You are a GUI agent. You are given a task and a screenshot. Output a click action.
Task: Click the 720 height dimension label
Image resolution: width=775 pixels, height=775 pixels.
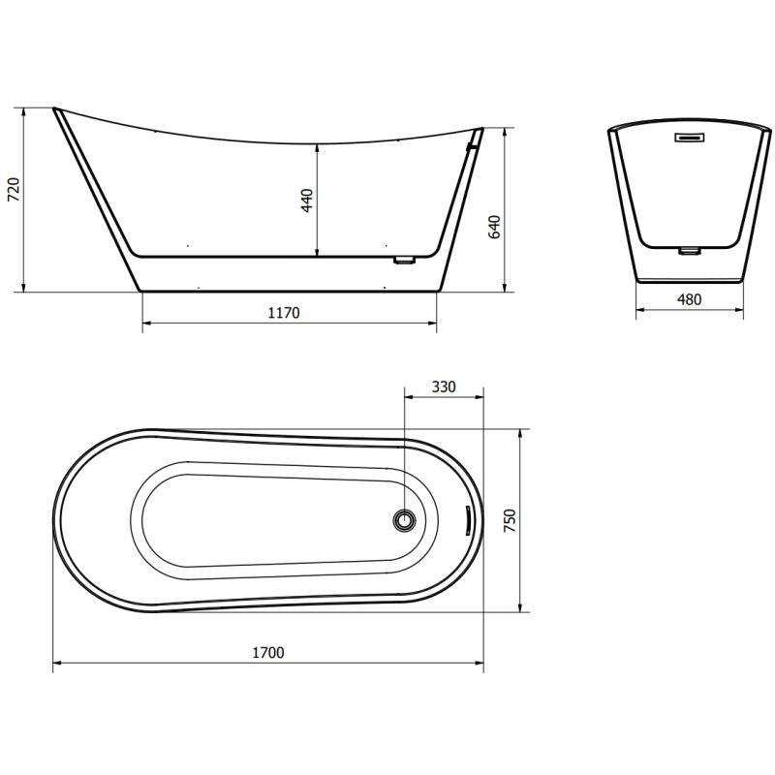(14, 190)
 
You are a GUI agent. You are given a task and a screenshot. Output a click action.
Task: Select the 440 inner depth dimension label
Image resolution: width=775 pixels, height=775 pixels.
(307, 201)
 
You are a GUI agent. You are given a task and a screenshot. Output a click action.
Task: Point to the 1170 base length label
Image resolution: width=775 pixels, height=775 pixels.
(284, 313)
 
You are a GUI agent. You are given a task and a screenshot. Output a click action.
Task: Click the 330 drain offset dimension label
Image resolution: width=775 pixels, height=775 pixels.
(443, 387)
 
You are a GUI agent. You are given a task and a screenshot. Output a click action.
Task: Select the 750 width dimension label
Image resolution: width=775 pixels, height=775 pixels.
(511, 520)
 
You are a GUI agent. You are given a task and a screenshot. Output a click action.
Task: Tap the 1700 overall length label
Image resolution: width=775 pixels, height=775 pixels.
(267, 653)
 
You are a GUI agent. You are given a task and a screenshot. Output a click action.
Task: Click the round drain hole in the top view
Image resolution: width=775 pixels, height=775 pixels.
(405, 520)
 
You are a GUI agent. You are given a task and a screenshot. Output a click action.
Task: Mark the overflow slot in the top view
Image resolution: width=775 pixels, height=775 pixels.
(466, 520)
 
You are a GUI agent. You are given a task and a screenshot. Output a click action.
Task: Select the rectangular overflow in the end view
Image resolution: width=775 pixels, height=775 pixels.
(690, 139)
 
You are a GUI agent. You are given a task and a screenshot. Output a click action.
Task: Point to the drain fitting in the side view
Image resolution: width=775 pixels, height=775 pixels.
(404, 260)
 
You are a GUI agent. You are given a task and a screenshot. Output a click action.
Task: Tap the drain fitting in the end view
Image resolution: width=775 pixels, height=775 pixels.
(689, 250)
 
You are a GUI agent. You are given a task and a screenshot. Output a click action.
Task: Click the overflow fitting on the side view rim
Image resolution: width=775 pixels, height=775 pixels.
(472, 146)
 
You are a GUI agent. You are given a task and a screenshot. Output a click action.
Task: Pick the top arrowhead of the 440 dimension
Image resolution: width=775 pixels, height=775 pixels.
(319, 145)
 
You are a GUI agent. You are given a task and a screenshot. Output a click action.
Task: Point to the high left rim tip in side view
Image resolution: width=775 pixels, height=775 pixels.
(54, 108)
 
